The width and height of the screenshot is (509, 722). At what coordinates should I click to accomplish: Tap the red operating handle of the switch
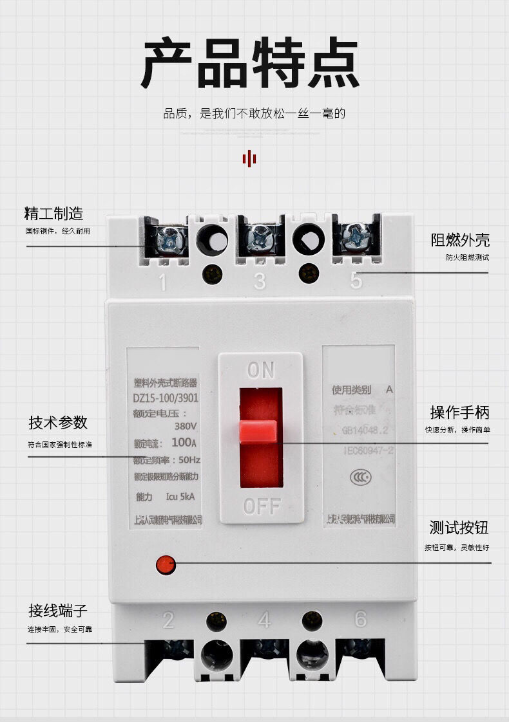(258, 432)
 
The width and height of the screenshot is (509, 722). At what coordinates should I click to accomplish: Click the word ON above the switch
(260, 370)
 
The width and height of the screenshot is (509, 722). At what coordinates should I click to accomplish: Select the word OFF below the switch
(262, 506)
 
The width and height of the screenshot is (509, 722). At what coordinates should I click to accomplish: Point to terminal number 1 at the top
(162, 282)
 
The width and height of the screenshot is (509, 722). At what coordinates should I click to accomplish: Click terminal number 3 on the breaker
(259, 281)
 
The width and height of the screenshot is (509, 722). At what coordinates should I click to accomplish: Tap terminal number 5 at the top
(356, 281)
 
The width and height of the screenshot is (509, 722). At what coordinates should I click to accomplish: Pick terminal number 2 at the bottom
(168, 620)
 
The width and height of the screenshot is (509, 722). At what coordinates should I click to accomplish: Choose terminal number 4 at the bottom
(264, 620)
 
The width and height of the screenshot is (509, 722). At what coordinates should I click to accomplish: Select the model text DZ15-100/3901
(166, 398)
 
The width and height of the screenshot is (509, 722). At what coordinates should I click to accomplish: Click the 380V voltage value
(186, 426)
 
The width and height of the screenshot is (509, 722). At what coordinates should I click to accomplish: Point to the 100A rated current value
(184, 443)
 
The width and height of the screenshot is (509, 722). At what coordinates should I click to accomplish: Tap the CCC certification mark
(359, 477)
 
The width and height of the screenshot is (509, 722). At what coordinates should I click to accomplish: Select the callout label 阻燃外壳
(460, 240)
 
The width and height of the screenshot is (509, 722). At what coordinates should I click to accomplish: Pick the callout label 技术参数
(58, 423)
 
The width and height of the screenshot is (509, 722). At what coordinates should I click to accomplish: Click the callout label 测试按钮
(459, 528)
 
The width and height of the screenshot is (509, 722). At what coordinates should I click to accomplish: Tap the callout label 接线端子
(57, 610)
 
